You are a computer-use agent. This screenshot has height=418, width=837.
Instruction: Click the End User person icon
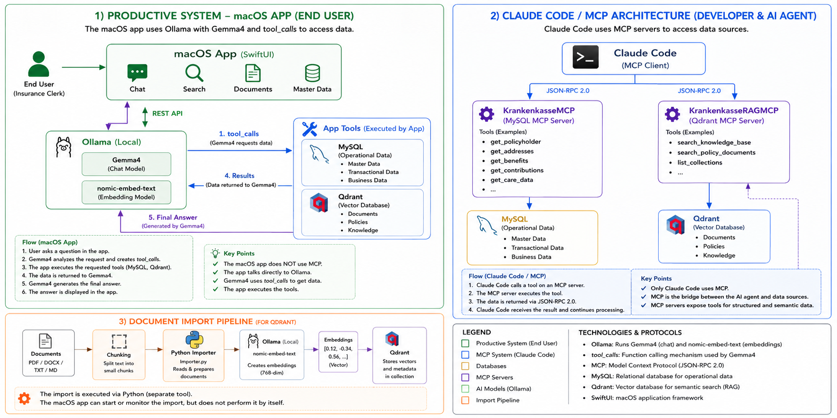pyautogui.click(x=39, y=64)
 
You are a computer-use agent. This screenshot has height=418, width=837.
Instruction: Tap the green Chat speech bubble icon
pyautogui.click(x=137, y=73)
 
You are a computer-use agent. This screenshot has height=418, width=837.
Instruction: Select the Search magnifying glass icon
pyautogui.click(x=194, y=73)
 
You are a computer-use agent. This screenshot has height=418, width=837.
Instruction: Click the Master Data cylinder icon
pyautogui.click(x=312, y=73)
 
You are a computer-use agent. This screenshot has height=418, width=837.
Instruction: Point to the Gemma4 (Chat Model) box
pyautogui.click(x=126, y=164)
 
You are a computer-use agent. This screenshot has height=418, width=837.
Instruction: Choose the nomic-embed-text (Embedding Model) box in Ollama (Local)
pyautogui.click(x=126, y=192)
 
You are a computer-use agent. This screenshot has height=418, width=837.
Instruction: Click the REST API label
pyautogui.click(x=167, y=114)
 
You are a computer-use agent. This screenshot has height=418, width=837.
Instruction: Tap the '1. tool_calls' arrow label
pyautogui.click(x=239, y=134)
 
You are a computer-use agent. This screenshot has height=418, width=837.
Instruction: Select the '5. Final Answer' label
pyautogui.click(x=173, y=217)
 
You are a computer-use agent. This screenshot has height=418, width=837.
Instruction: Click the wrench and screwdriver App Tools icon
pyautogui.click(x=310, y=129)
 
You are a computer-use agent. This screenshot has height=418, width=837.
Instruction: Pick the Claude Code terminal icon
pyautogui.click(x=586, y=57)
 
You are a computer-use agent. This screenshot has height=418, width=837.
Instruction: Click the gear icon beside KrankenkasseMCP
pyautogui.click(x=486, y=114)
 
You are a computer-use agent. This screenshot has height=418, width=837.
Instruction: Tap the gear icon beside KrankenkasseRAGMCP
pyautogui.click(x=672, y=114)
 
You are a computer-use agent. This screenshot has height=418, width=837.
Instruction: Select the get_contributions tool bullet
pyautogui.click(x=517, y=171)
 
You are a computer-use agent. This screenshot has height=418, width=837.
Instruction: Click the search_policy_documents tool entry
pyautogui.click(x=716, y=153)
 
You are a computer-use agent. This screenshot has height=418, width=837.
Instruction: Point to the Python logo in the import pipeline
pyautogui.click(x=194, y=339)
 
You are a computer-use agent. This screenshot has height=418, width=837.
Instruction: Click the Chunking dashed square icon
pyautogui.click(x=119, y=342)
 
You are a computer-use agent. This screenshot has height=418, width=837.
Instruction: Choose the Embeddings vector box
pyautogui.click(x=338, y=352)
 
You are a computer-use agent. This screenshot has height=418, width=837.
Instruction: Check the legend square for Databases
pyautogui.click(x=465, y=366)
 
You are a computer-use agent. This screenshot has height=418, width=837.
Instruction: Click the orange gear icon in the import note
pyautogui.click(x=24, y=399)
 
